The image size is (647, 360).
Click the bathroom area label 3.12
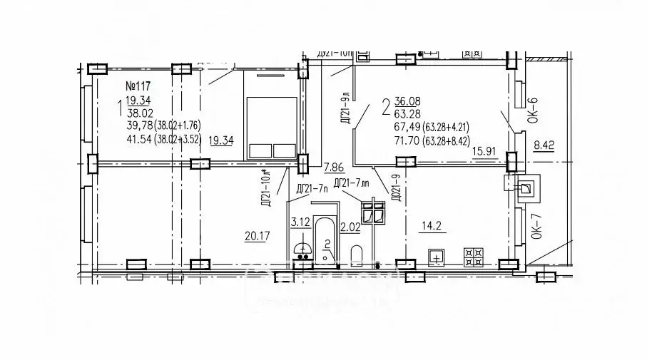coord(299,222)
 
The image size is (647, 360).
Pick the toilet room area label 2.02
coord(350,228)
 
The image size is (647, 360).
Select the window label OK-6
coord(532,111)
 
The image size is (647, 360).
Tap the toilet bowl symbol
coord(357,254)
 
